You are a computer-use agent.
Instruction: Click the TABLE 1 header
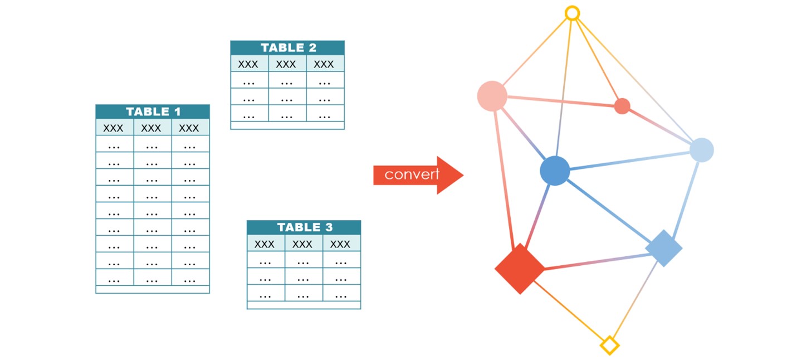pos(153,111)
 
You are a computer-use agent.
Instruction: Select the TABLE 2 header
pos(287,48)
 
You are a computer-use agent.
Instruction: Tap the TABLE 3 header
pos(304,227)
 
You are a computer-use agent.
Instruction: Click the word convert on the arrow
pos(412,174)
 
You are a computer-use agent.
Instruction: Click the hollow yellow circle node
pos(572,13)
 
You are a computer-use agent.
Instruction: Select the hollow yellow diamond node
pos(609,345)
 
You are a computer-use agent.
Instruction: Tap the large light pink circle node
pos(492,96)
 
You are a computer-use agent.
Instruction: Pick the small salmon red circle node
pos(622,106)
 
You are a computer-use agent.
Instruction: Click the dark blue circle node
pos(555,171)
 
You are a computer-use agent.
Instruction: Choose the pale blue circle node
pos(701,150)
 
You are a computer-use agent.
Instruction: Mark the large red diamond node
pos(520,269)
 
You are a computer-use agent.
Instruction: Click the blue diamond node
pos(663,248)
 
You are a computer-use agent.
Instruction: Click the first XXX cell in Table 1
pos(114,128)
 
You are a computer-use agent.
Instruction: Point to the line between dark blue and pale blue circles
pos(629,160)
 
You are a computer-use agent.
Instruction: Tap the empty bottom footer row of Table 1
pos(153,289)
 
